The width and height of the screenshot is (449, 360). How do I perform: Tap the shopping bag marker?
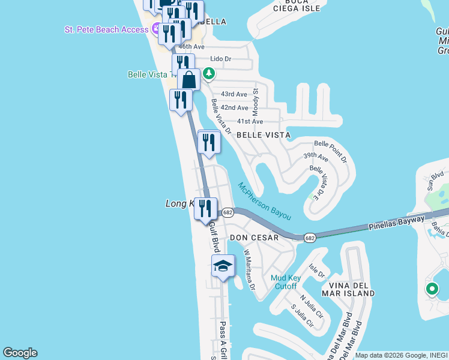tap(188, 80)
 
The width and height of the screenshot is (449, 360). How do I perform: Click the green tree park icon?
tap(208, 74)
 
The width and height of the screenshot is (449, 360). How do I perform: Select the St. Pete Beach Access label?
tap(107, 29)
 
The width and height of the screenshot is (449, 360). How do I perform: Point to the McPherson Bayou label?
tap(265, 200)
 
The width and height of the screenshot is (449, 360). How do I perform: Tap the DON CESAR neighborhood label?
tap(255, 238)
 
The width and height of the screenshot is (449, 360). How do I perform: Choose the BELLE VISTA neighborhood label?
tap(264, 136)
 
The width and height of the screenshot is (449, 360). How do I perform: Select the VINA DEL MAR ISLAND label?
tap(348, 289)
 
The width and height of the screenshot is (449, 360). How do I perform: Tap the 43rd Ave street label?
tap(234, 94)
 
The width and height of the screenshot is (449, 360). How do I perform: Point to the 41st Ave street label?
tap(250, 121)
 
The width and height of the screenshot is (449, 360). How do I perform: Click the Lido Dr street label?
tap(220, 59)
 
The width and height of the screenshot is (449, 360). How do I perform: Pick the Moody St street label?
tap(255, 98)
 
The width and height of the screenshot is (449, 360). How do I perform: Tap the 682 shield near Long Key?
tap(228, 212)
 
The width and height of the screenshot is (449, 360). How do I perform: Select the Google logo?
tap(20, 353)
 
